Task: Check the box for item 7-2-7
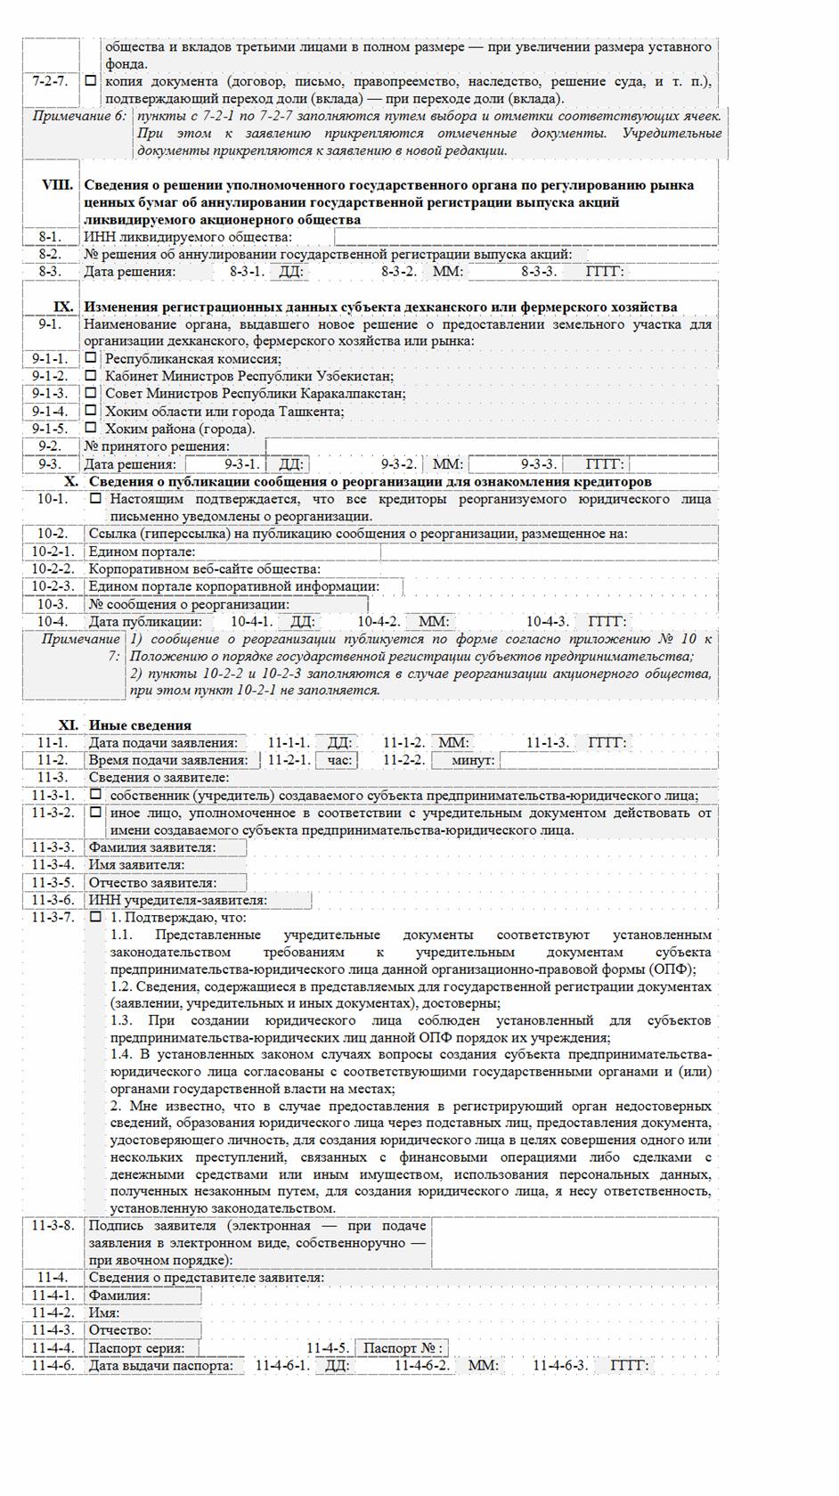(x=90, y=81)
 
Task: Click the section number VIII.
(x=59, y=185)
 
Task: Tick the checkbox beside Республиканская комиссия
(x=90, y=358)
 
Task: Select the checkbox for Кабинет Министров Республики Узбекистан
(x=90, y=376)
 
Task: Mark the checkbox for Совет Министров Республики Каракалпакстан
(x=90, y=393)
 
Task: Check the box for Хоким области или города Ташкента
(x=90, y=411)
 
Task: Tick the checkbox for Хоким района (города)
(x=90, y=428)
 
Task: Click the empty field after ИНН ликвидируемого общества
(x=525, y=237)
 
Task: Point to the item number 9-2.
(x=50, y=446)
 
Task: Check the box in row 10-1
(x=95, y=499)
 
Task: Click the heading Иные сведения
(x=140, y=725)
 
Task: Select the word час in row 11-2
(x=339, y=760)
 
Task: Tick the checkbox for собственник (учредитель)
(x=95, y=795)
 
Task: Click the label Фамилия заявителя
(x=152, y=847)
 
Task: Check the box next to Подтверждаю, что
(x=95, y=917)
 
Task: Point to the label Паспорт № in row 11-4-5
(x=403, y=1348)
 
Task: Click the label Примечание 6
(x=79, y=116)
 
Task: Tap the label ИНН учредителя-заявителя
(x=177, y=900)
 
